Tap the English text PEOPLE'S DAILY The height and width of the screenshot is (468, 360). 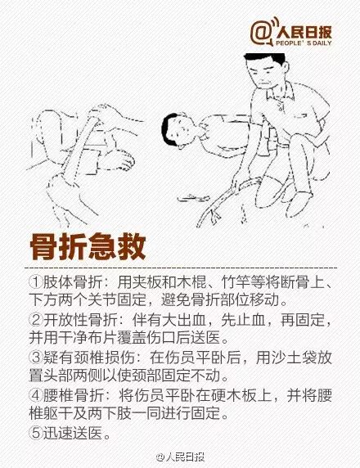point(304,43)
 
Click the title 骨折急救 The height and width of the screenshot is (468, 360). point(88,247)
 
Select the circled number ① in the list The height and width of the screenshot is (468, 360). point(36,281)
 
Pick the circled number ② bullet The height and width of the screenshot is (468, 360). point(36,320)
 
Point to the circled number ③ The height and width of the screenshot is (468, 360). point(36,358)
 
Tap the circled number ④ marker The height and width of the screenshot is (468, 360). point(36,395)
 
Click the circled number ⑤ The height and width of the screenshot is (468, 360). point(36,433)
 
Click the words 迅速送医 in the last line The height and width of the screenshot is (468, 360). point(73,433)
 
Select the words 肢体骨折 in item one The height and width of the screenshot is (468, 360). point(73,281)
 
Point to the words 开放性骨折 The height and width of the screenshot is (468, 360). point(80,320)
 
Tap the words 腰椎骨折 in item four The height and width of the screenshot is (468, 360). point(73,395)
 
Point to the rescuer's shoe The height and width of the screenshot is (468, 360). point(299,204)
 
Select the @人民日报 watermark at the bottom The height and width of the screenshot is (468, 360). point(180,457)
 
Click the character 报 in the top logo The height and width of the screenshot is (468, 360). point(325,32)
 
